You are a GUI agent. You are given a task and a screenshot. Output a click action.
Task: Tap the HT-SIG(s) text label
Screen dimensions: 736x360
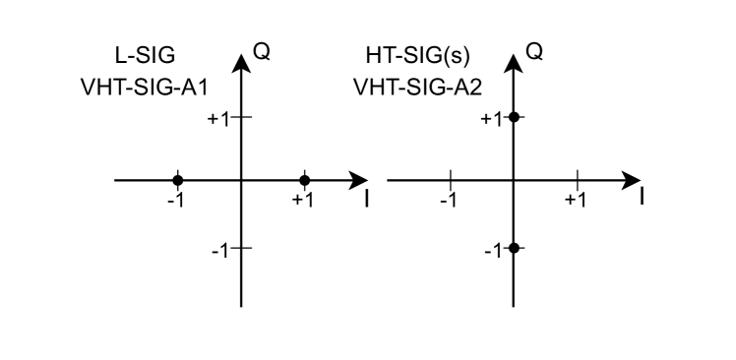tap(412, 54)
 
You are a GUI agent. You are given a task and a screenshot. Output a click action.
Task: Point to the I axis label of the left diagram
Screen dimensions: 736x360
tap(366, 199)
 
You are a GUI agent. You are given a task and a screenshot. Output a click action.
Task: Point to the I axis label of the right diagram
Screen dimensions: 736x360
tap(641, 197)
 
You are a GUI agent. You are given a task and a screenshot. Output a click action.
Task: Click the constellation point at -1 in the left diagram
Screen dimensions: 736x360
tap(178, 180)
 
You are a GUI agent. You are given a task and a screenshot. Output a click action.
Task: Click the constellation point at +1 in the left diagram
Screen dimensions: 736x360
tap(304, 180)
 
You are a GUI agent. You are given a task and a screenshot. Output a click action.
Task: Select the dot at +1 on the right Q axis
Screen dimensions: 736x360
tap(513, 117)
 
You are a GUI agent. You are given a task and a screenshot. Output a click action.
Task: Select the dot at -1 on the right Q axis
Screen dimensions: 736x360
tap(513, 248)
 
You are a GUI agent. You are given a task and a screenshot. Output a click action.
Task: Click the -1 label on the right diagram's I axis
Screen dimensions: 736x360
tap(448, 201)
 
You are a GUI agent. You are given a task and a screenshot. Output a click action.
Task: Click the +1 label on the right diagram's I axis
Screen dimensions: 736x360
tap(576, 201)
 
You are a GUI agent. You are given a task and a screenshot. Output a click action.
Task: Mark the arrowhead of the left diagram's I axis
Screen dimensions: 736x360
tap(359, 180)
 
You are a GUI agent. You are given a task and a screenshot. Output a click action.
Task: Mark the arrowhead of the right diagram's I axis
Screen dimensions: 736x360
tap(632, 180)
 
